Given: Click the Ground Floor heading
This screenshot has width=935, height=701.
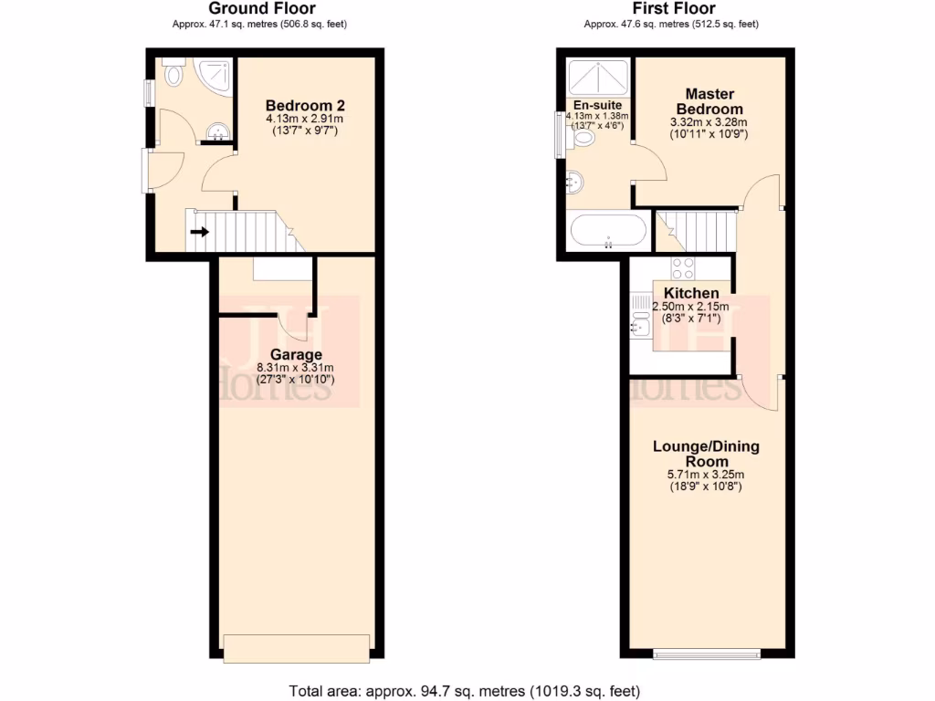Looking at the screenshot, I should pos(262,9).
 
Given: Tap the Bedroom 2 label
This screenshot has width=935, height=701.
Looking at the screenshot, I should pos(305,104).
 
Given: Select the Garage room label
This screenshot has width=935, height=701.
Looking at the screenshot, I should pos(295,354).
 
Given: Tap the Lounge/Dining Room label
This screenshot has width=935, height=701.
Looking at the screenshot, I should pos(706,454).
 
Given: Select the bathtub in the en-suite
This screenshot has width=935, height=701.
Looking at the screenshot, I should pos(608,230).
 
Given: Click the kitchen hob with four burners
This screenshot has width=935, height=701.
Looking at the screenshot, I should pos(683,268).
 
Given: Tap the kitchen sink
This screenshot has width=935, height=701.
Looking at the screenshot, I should pos(639,321).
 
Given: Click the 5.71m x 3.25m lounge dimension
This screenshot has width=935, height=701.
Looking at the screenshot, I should pos(706,475).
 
